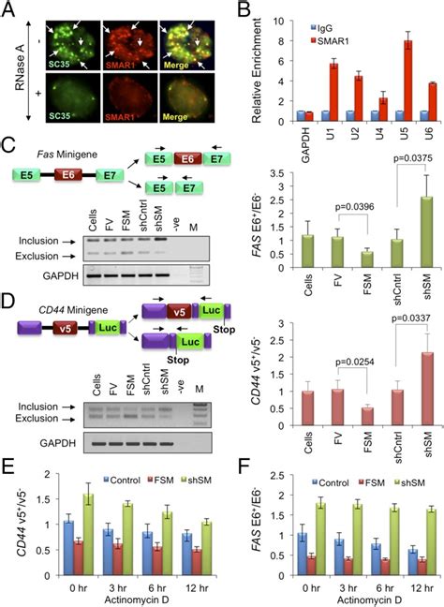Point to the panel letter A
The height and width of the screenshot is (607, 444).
7,8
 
